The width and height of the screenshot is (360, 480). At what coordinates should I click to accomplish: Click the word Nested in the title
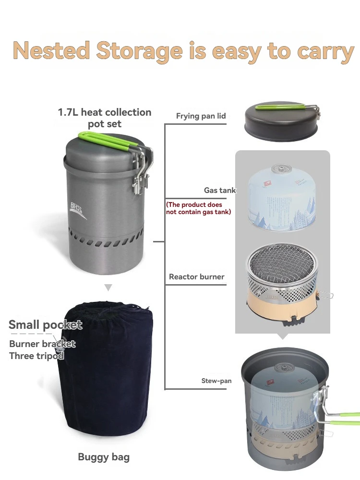tap(51, 50)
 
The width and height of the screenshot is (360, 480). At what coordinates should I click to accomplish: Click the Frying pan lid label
tap(201, 116)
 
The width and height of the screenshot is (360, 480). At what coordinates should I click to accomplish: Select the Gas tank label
tap(220, 191)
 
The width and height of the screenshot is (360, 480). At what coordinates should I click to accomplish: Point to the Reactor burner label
tap(197, 277)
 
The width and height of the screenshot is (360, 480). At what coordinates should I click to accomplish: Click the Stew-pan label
tap(216, 381)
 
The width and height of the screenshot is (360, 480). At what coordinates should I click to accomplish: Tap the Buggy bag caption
tap(104, 457)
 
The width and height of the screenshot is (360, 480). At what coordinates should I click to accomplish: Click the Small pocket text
tap(46, 325)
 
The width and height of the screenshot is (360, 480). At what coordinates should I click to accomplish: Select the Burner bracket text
tap(42, 344)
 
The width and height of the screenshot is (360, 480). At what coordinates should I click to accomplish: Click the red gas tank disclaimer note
tap(198, 208)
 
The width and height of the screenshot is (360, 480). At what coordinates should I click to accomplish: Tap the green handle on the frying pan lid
tap(281, 107)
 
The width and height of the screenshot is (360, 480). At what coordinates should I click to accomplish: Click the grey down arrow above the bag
tap(108, 288)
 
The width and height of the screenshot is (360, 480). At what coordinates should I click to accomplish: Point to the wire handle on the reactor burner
tap(326, 296)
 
